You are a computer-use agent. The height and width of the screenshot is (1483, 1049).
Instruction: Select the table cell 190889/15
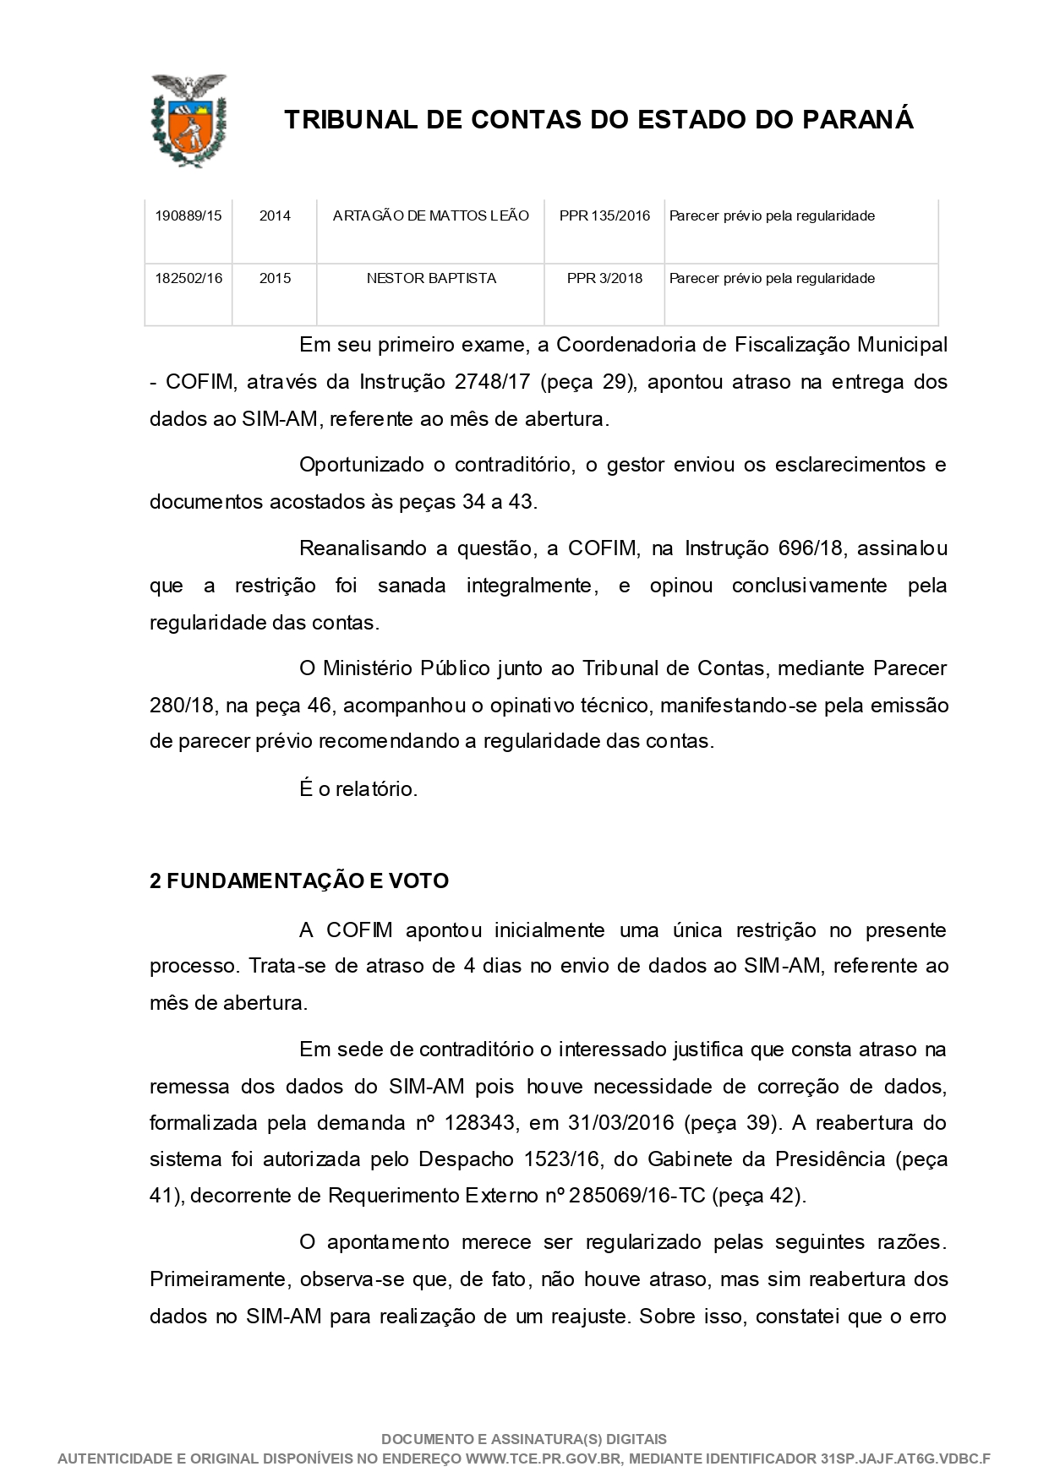188,216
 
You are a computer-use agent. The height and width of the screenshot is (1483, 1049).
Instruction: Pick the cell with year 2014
275,216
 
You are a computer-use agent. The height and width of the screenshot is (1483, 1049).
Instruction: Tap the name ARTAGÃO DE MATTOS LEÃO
431,216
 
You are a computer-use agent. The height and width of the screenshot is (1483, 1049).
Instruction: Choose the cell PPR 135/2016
604,216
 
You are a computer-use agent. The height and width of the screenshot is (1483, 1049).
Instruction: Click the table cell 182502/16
188,279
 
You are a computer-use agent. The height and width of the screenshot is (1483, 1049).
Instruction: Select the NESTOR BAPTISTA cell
431,279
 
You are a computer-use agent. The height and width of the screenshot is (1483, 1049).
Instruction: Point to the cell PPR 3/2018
604,279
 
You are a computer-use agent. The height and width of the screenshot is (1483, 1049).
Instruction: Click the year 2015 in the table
275,279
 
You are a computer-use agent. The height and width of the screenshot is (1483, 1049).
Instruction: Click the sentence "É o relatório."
358,790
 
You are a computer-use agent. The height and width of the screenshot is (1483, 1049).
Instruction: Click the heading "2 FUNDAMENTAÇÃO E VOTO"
299,881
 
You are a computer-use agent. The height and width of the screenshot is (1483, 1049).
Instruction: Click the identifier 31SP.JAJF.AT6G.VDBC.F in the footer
905,1458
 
